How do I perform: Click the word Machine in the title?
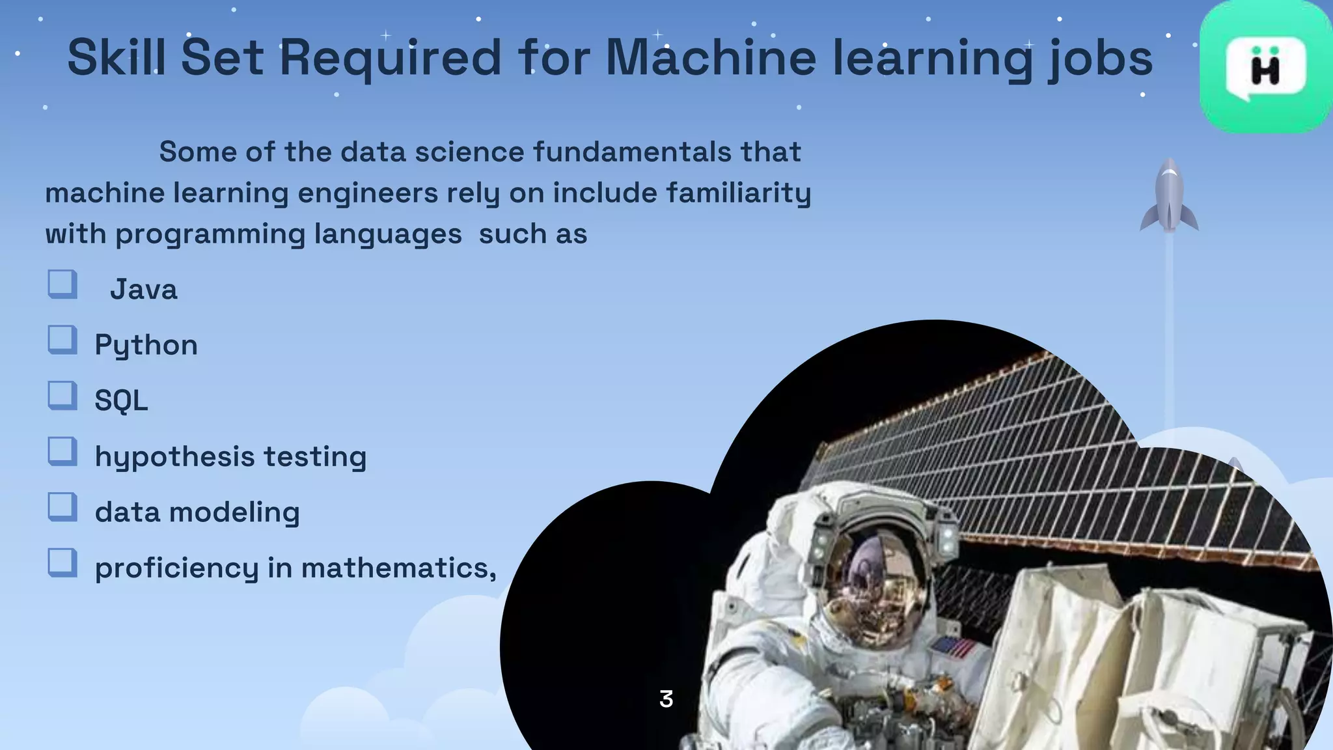[x=711, y=57]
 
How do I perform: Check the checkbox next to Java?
[x=62, y=285]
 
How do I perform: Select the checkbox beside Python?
[x=62, y=340]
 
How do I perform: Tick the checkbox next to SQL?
[x=62, y=395]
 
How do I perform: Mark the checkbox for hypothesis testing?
[x=62, y=451]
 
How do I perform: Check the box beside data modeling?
[x=62, y=507]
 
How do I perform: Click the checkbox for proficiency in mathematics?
[x=62, y=562]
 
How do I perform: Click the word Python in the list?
[x=146, y=345]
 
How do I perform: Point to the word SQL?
[x=121, y=400]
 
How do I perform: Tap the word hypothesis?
[x=174, y=457]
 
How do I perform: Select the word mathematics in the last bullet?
[x=398, y=568]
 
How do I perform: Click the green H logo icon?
[x=1265, y=68]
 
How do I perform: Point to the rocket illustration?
[x=1169, y=195]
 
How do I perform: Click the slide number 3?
[x=666, y=699]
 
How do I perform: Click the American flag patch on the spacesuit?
[x=953, y=648]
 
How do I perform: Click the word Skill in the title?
[x=116, y=57]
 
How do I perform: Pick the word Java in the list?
[x=143, y=290]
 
